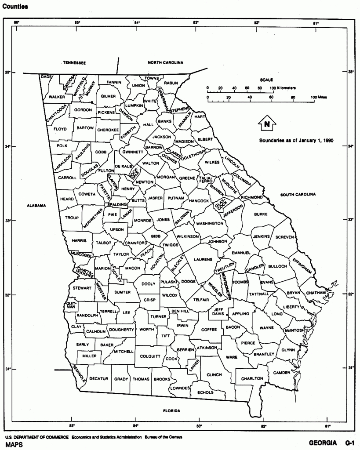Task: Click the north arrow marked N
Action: point(266,123)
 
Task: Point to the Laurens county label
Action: point(203,259)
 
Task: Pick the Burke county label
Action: point(260,214)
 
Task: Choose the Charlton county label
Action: point(252,378)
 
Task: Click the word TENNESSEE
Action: point(74,63)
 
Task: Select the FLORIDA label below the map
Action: point(171,411)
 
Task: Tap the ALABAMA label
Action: point(36,205)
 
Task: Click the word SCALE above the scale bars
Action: point(266,80)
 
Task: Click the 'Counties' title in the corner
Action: point(15,7)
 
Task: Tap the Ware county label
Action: point(232,358)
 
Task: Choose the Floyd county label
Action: point(60,129)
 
